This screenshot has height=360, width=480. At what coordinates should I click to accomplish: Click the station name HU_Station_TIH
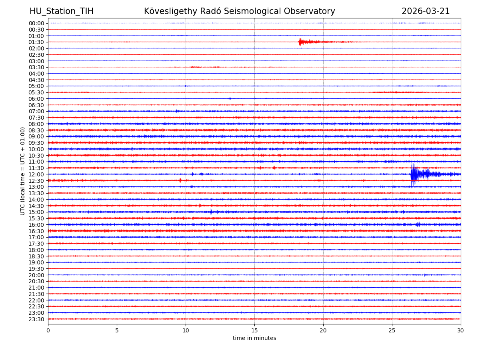coord(61,11)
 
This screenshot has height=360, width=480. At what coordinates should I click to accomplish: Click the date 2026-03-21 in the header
coord(426,11)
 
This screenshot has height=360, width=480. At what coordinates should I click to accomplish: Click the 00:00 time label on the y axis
coord(36,23)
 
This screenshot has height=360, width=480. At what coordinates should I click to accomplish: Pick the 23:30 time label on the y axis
coord(36,319)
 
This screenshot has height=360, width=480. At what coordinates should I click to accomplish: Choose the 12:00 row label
coord(36,174)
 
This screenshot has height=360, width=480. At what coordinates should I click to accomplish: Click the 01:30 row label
coord(36,42)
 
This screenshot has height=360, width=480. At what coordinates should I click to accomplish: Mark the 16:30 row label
coord(36,231)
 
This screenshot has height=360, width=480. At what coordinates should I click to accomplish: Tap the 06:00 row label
coord(36,99)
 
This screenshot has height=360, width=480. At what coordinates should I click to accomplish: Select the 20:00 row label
coord(36,275)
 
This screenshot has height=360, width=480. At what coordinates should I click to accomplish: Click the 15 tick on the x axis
coord(254,331)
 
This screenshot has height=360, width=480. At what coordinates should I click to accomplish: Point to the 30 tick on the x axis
coord(461,331)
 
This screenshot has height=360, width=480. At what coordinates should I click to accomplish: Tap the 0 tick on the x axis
coord(48,331)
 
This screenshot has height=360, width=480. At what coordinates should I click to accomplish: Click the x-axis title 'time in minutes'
coord(254,338)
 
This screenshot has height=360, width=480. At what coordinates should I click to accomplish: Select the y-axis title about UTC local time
coord(23,171)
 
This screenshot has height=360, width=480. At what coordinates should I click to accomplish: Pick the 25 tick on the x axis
coord(392,331)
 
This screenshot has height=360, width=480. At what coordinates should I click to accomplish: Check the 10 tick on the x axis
coord(186,331)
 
